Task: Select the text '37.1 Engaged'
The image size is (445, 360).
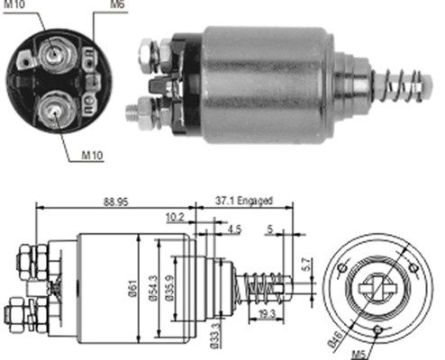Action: pyautogui.click(x=242, y=201)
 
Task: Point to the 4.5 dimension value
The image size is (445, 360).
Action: pyautogui.click(x=233, y=229)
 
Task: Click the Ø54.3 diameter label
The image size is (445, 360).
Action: pyautogui.click(x=155, y=286)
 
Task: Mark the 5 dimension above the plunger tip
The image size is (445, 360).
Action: pyautogui.click(x=269, y=229)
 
